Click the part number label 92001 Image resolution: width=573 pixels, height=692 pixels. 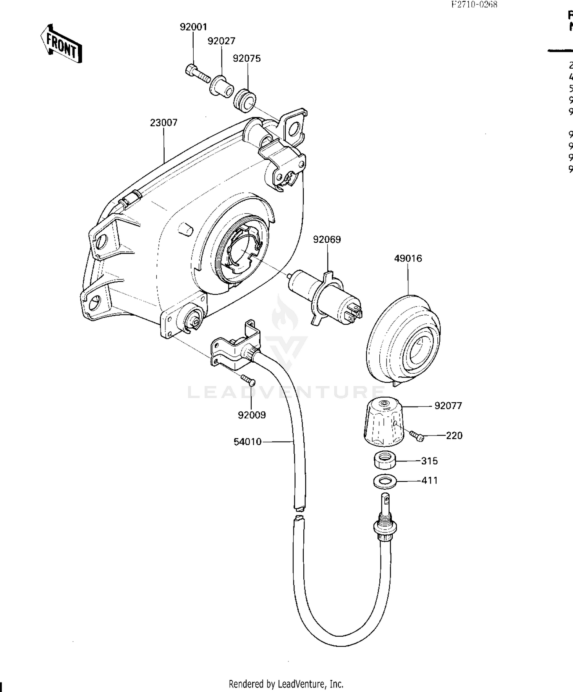point(193,27)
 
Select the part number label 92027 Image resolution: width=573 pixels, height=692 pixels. point(221,41)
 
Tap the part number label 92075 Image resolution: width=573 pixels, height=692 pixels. point(247,58)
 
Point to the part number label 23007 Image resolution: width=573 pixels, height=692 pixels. point(163,123)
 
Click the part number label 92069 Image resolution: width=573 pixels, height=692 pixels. point(327,239)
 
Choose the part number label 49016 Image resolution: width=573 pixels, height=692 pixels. point(408,258)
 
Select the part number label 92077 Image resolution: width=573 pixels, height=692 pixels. point(448,406)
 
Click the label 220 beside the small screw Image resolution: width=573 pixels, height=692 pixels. point(454,436)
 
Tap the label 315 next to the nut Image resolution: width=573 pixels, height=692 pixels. point(429,461)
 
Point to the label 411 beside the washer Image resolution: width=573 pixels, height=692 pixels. point(429,481)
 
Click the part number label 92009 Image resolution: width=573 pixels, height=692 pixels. point(252,415)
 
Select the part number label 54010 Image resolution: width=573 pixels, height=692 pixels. point(248,442)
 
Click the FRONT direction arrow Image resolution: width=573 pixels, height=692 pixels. point(61,44)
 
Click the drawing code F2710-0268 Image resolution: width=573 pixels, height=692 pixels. point(474,5)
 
